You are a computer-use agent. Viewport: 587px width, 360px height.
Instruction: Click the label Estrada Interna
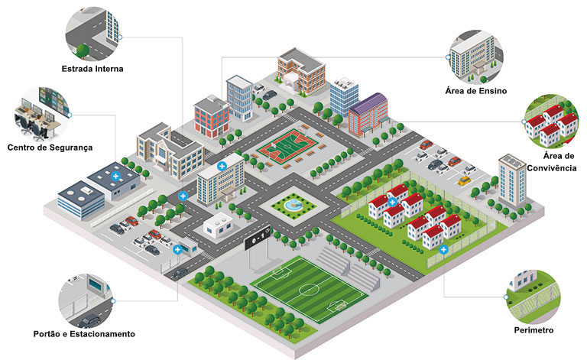[92, 69]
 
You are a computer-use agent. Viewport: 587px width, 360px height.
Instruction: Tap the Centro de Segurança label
[50, 148]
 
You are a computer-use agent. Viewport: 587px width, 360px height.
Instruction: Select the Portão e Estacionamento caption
[84, 334]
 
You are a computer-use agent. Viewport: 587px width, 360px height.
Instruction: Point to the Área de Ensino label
[476, 91]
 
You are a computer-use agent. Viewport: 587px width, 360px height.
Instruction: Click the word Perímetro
[533, 330]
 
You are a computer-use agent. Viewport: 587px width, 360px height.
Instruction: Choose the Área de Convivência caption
[552, 162]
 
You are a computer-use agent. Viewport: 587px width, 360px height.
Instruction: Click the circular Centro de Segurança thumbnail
[42, 114]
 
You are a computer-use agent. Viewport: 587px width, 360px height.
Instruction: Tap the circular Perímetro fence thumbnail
[533, 297]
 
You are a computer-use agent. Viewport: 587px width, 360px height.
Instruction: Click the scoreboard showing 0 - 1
[258, 238]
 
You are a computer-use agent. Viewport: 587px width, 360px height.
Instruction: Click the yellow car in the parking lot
[464, 180]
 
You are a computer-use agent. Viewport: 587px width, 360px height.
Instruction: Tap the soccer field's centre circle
[308, 289]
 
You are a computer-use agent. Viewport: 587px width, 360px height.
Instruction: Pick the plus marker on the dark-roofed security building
[115, 177]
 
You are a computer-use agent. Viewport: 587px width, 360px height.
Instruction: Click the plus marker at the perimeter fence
[443, 249]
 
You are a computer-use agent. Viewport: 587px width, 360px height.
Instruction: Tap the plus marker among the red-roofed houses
[392, 203]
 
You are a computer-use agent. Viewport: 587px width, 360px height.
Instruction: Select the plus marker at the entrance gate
[177, 249]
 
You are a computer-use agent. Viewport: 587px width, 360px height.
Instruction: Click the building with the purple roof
[368, 114]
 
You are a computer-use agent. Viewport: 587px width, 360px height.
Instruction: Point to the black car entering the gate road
[180, 273]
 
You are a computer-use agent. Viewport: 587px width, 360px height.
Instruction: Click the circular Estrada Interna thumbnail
[93, 34]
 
